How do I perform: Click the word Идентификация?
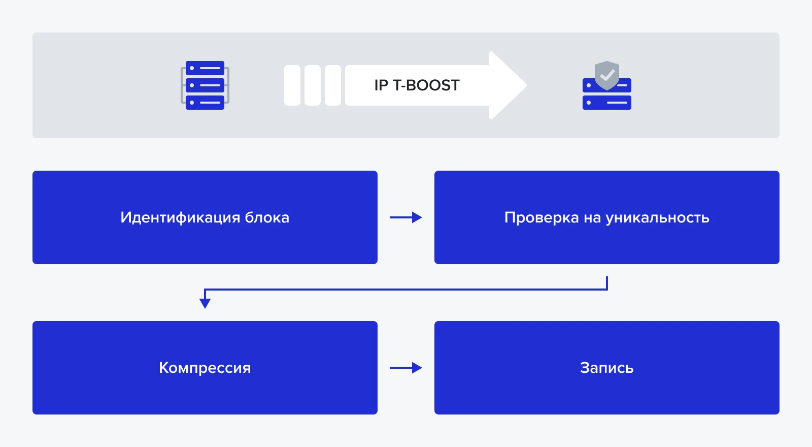click(180, 217)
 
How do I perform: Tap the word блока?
click(267, 217)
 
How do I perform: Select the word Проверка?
click(542, 217)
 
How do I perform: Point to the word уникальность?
click(658, 217)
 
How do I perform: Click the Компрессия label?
click(205, 368)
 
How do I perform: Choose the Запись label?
click(606, 368)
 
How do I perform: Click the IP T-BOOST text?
click(417, 85)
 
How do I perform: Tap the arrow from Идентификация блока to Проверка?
click(405, 217)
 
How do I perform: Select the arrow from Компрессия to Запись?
click(405, 368)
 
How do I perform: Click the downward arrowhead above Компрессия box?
click(205, 303)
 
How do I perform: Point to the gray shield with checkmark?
click(607, 75)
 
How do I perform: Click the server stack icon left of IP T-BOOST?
click(205, 85)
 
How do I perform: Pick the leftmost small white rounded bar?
click(292, 85)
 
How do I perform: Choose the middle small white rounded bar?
click(313, 85)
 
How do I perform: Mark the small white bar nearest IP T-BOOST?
click(333, 85)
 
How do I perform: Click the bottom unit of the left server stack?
click(205, 103)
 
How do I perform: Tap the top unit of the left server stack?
click(205, 68)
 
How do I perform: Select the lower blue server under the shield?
click(607, 103)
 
